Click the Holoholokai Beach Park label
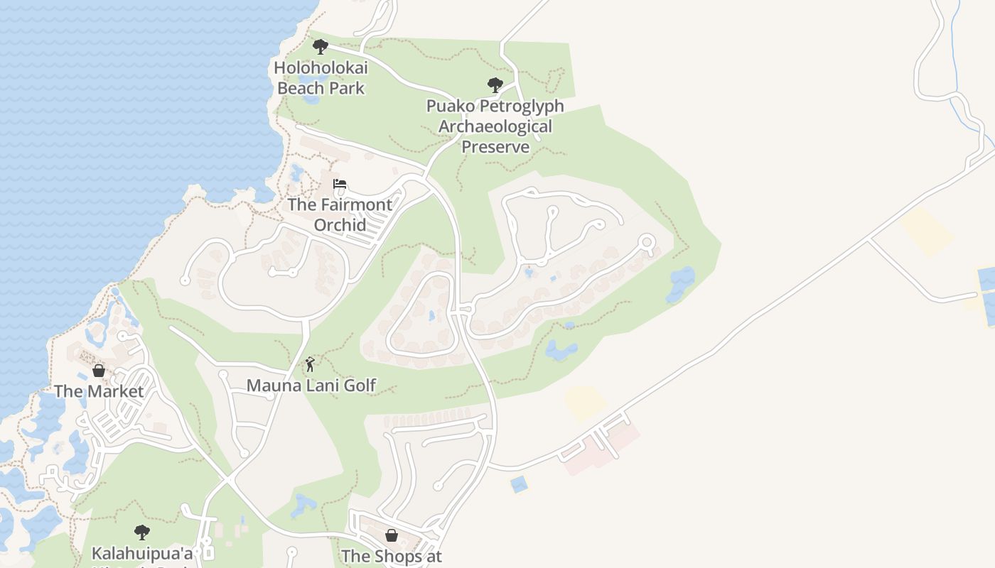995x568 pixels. click(x=321, y=79)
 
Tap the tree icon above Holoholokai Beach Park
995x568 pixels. click(x=321, y=48)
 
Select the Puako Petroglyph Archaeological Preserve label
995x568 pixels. click(x=495, y=126)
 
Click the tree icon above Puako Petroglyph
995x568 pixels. click(x=495, y=86)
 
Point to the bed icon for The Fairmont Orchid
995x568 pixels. click(x=340, y=185)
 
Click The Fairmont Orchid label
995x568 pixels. click(x=340, y=214)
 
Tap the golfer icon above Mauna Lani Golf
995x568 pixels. click(x=310, y=365)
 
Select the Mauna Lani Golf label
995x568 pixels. click(x=311, y=386)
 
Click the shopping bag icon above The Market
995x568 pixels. click(x=99, y=371)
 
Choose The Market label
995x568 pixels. click(x=99, y=391)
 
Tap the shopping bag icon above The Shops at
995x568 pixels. click(x=391, y=535)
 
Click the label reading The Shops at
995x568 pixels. click(x=392, y=556)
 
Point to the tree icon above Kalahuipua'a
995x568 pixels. click(x=142, y=532)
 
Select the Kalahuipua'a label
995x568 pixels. click(x=142, y=553)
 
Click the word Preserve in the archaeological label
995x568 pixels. click(x=495, y=147)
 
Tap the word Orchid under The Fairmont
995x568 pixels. click(x=340, y=225)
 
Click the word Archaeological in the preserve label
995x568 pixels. click(x=495, y=126)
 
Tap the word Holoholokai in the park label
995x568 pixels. click(x=321, y=68)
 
